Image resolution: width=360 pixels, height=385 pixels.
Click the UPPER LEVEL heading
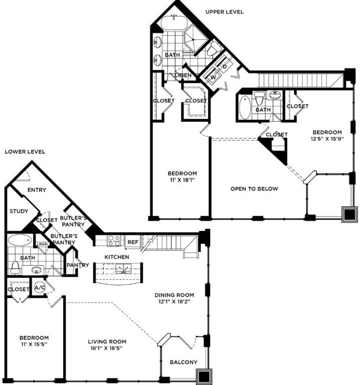(224, 12)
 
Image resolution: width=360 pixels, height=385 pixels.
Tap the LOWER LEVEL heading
(25, 151)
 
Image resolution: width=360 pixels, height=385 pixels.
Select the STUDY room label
(19, 211)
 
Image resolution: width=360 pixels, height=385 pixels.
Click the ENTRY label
(37, 189)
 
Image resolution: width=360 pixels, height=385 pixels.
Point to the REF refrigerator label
(133, 242)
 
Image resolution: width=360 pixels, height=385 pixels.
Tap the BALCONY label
(183, 362)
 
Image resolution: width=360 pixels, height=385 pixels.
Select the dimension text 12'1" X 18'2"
(174, 302)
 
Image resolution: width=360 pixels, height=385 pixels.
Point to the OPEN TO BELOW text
(254, 188)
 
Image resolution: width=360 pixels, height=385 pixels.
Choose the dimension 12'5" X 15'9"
(325, 139)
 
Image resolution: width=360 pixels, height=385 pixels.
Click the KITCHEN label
(117, 257)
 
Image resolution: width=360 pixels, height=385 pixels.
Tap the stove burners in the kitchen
(114, 240)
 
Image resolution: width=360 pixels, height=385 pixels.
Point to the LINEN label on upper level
(183, 76)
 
